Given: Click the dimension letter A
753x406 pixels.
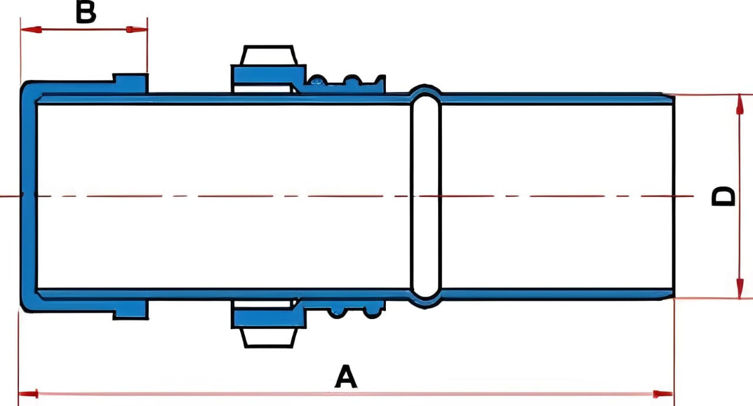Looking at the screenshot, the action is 346,377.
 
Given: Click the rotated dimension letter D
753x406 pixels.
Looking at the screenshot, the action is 723,196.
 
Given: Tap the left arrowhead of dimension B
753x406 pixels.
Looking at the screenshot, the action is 31,29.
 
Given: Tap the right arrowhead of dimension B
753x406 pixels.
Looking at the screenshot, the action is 137,29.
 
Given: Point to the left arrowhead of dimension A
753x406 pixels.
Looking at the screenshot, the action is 28,394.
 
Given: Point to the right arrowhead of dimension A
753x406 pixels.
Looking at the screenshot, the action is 663,394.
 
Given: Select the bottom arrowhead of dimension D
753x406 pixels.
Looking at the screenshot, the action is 739,288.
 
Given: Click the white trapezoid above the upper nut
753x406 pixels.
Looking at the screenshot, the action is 269,55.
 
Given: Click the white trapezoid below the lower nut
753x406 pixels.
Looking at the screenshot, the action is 269,338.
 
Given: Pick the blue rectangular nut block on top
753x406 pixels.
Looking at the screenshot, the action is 268,75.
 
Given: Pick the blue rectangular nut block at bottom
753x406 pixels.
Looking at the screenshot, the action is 268,319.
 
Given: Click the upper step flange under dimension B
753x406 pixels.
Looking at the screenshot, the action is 131,83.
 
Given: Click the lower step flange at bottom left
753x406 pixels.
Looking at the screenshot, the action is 131,310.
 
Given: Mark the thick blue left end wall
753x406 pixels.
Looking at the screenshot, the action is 29,196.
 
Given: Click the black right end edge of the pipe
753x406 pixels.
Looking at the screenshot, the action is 674,196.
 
